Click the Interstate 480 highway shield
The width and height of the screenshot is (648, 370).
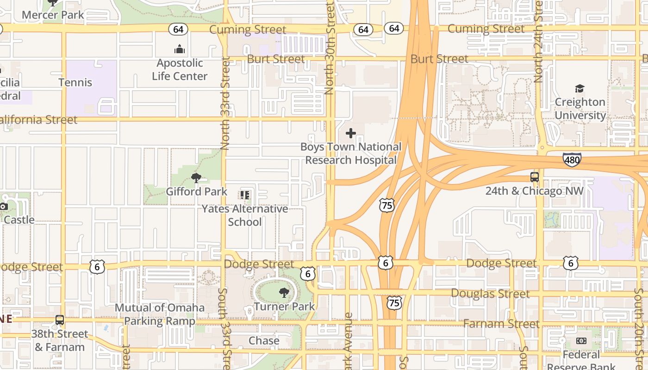pos(572,160)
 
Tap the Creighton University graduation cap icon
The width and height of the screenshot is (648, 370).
pos(579,88)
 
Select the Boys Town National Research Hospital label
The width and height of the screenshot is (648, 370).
pos(351,154)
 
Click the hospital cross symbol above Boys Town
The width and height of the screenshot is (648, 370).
pos(351,133)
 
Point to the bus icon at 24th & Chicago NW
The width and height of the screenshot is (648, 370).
pos(535,177)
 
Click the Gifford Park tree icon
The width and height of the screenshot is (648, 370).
pos(196,178)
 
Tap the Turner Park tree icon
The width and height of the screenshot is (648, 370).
pos(284,292)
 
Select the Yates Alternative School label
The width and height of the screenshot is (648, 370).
pos(245,215)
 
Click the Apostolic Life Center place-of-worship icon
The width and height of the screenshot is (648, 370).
pos(180,49)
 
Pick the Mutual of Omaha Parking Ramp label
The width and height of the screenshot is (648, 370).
pos(160,314)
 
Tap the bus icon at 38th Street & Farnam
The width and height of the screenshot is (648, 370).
pos(60,320)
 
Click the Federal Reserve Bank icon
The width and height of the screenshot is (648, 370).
pos(581,341)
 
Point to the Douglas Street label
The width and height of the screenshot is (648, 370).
pos(490,294)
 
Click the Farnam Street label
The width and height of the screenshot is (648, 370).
pos(501,324)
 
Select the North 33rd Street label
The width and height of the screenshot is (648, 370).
pos(225,103)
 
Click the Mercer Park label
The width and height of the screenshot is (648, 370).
pos(53,15)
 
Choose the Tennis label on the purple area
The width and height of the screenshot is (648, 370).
pos(75,82)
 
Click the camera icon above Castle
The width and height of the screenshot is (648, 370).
pos(4,206)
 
